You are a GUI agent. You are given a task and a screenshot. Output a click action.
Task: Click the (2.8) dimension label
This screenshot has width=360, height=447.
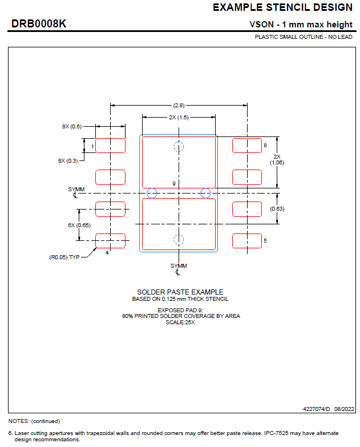pos(179,105)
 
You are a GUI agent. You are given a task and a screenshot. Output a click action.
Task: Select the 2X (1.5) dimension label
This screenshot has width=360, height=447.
pos(179,117)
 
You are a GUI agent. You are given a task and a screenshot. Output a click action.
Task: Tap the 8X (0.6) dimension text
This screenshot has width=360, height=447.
pos(72,126)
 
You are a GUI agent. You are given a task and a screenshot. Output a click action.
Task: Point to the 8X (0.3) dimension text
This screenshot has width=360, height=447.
pos(68,161)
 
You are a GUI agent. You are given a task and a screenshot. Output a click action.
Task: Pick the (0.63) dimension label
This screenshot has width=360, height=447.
pos(277,208)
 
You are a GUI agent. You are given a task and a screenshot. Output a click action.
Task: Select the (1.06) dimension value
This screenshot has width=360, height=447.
pos(277,163)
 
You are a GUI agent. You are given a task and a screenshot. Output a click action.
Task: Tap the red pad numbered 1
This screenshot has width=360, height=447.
pos(110,146)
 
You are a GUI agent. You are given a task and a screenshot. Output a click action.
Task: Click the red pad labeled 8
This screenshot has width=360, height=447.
pos(246,146)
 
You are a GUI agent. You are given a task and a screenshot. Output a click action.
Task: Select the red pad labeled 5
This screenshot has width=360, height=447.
pos(246,241)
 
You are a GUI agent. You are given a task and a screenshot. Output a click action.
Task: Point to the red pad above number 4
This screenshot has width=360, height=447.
pos(110,241)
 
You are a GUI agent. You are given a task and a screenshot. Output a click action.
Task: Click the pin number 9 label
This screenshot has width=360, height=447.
pos(173,183)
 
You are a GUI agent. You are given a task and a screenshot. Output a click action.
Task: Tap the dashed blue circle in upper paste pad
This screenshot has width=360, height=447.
pos(179,146)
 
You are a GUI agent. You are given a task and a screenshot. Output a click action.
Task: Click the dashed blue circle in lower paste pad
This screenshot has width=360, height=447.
pos(179,240)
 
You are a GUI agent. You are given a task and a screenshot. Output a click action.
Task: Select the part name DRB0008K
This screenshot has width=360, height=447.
pos(39,24)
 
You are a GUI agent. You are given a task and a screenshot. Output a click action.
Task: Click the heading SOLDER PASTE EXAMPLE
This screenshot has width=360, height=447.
pos(180,292)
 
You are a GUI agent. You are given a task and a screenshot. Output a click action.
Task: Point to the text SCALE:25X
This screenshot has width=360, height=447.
pos(180,322)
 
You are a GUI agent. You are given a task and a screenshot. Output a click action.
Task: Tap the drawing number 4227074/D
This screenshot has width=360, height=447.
pos(317,409)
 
